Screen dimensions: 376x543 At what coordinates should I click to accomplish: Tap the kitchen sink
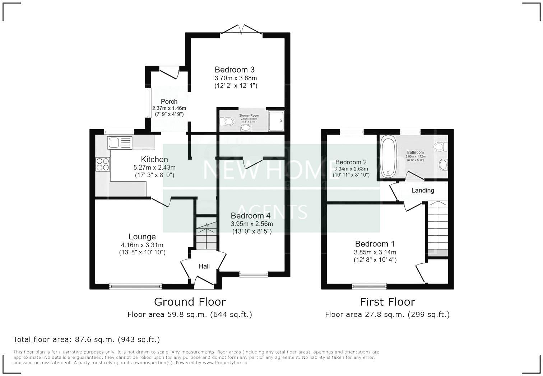120,143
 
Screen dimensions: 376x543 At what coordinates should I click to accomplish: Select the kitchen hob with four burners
103,164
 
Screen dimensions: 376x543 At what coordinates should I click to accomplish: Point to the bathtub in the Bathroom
388,156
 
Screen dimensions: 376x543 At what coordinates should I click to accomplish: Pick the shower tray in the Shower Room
276,121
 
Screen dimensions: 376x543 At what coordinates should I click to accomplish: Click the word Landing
422,191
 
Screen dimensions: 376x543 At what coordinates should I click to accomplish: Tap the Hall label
204,266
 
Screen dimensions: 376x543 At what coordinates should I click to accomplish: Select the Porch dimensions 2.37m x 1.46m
169,108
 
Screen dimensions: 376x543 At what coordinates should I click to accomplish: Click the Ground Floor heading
190,302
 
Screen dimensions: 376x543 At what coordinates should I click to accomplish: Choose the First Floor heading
387,302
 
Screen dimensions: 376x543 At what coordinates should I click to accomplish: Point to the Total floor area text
87,339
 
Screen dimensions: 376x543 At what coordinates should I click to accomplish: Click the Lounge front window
135,286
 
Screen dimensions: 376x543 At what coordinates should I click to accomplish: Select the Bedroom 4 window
254,274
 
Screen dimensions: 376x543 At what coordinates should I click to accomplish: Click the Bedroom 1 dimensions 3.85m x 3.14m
375,252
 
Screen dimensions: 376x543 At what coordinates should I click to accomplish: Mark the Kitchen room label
154,159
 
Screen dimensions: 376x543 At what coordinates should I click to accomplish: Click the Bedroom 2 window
351,132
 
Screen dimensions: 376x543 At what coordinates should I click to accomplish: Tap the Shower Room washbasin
246,127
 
